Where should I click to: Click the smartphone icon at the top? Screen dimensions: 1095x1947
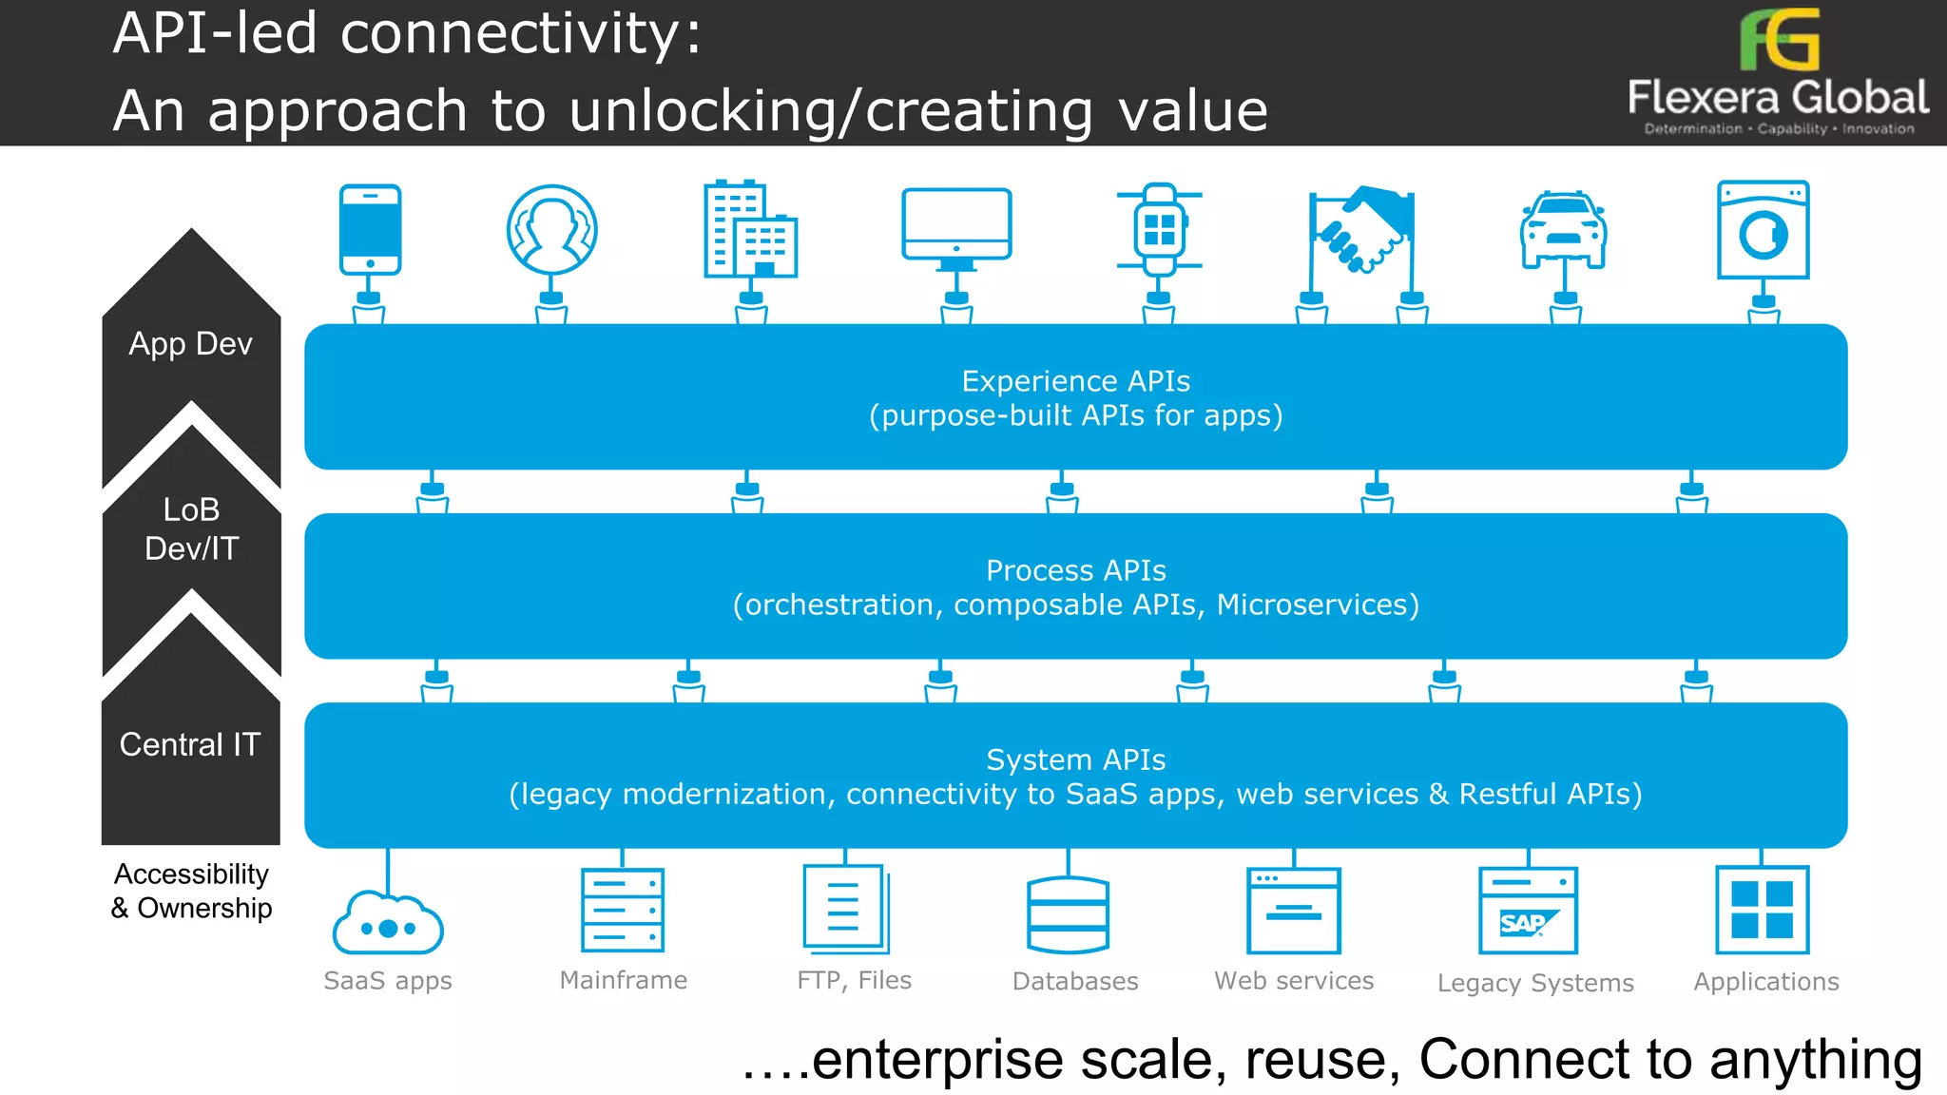coord(370,229)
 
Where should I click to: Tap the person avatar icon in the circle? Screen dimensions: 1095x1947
coord(551,229)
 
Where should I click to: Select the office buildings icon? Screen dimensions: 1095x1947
coord(749,229)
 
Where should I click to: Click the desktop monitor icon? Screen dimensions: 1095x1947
coord(955,225)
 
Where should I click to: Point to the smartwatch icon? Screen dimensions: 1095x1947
coord(1159,229)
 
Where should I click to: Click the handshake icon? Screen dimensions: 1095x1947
coord(1361,229)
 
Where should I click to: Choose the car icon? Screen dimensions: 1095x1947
coord(1563,229)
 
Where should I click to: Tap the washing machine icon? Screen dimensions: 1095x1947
coord(1763,230)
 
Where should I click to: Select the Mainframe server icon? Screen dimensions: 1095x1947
coord(623,910)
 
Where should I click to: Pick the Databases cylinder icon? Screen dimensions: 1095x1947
coord(1068,913)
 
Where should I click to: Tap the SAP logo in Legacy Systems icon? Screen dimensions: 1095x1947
coord(1524,923)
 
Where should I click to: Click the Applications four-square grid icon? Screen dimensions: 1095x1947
coord(1762,910)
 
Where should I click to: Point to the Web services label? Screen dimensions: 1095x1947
coord(1293,980)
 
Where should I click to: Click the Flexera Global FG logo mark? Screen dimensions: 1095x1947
coord(1779,40)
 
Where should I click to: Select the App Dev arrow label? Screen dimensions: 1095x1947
coord(191,343)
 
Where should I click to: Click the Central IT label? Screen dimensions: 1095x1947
coord(190,744)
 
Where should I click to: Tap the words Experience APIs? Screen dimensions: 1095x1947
coord(1075,381)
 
